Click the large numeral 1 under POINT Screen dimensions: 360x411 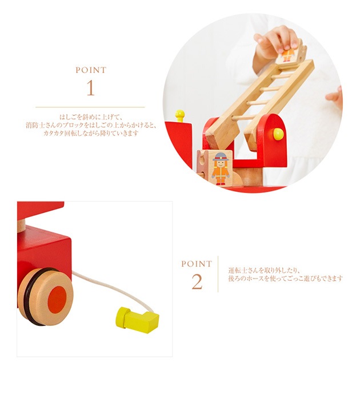point(90,87)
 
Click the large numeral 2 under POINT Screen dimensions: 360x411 point(197,281)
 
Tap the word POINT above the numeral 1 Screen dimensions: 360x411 point(91,70)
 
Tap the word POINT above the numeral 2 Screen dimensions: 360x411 point(197,264)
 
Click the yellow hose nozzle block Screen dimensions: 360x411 point(137,319)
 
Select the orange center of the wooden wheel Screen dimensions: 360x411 point(57,298)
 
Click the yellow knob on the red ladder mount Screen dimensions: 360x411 point(278,134)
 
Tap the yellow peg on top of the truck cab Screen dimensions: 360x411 point(180,115)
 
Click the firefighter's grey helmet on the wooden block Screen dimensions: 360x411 point(221,156)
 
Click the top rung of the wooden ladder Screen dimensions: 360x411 point(282,76)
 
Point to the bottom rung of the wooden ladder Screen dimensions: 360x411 point(243,118)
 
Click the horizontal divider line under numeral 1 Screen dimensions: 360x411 point(90,107)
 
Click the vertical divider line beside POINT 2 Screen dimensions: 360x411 point(218,274)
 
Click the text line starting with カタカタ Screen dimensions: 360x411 point(90,134)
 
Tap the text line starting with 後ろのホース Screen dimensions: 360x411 point(286,279)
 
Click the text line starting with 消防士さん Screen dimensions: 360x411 point(91,125)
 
